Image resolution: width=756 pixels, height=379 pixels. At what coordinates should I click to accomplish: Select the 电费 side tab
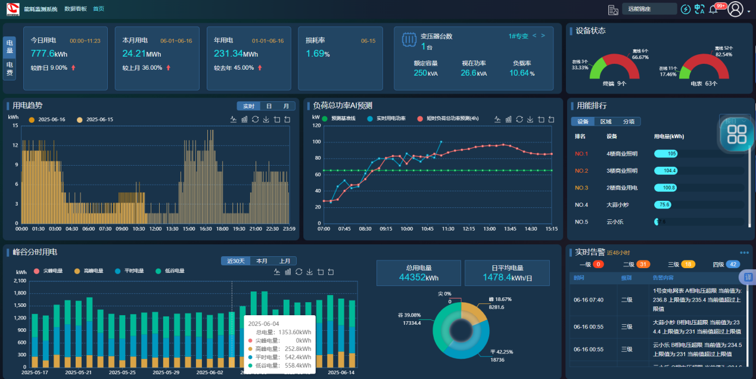10,69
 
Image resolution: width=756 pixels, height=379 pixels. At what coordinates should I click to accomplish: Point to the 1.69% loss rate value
318,54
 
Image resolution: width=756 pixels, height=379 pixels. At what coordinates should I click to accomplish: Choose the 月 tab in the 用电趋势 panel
286,106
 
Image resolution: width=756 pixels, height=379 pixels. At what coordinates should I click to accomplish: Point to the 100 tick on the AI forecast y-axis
316,142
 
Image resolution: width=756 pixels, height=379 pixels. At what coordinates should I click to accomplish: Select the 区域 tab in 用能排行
605,122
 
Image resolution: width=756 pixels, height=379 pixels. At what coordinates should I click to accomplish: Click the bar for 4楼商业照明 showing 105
666,154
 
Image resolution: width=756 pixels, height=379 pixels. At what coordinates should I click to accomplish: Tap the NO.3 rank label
581,188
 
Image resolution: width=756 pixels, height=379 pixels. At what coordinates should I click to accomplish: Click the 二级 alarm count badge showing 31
643,265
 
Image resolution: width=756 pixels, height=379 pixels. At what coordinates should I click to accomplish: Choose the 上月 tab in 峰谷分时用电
284,261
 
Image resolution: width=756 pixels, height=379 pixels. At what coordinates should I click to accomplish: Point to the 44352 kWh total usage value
419,277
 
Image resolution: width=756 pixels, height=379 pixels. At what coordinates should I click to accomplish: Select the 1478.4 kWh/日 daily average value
507,277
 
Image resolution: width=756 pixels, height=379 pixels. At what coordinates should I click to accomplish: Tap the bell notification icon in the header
713,10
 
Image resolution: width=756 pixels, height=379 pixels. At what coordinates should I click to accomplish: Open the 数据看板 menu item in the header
75,9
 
